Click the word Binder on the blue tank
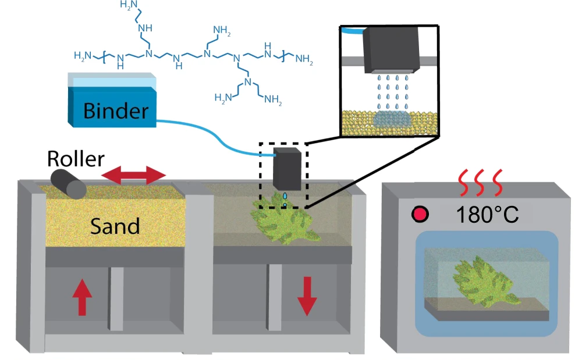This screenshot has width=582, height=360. tap(116, 110)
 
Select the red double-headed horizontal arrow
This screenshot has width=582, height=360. tap(134, 174)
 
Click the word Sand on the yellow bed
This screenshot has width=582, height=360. tap(115, 224)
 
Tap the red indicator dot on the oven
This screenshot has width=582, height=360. tap(420, 215)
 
